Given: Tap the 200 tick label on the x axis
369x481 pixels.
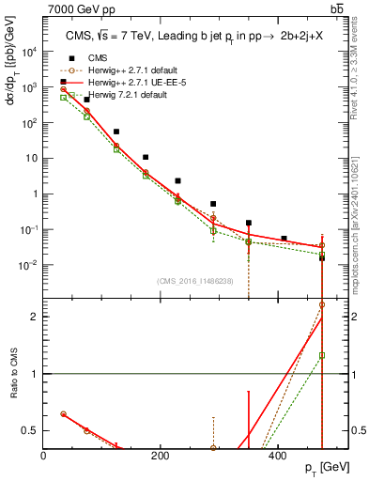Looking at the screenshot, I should click(161, 456).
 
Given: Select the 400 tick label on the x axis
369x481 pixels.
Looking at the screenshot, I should click(277, 456).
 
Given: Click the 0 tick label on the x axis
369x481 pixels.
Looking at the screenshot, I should click(44, 456).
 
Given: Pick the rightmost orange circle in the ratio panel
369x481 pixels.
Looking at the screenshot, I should click(322, 304).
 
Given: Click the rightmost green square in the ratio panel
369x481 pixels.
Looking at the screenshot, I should click(322, 355).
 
